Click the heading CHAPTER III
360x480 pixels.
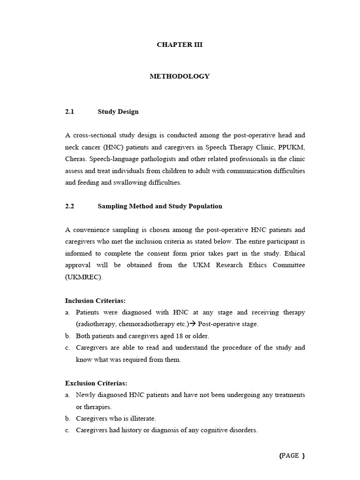coord(180,45)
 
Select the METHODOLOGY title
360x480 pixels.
coord(180,76)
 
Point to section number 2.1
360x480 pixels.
coord(70,112)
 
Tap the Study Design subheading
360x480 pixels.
coord(118,112)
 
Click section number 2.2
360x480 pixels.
coord(70,206)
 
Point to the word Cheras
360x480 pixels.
coord(75,159)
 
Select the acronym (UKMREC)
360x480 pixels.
coord(83,277)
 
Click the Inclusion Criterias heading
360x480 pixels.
coord(96,301)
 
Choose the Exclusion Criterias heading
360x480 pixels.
coord(96,383)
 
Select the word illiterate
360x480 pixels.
coord(142,419)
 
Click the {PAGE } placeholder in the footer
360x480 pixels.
coord(292,456)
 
